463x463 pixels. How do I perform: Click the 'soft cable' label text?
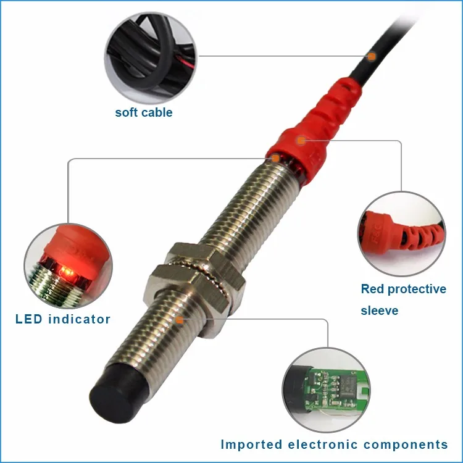click(x=144, y=112)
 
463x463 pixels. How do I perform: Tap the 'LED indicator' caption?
click(x=63, y=319)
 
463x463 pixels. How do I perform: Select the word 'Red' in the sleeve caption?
click(x=373, y=289)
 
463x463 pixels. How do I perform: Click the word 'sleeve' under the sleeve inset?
click(x=380, y=310)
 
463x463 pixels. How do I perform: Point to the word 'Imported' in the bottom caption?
click(x=251, y=444)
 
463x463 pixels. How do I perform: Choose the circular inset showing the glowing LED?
click(x=68, y=267)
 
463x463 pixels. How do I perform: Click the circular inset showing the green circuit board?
click(x=326, y=388)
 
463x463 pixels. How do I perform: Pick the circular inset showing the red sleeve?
click(x=401, y=234)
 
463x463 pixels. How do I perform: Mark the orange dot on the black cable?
click(x=372, y=56)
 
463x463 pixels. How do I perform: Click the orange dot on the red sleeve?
click(x=300, y=140)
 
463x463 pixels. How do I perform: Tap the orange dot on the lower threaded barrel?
click(x=180, y=320)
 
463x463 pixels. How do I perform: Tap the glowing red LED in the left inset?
click(x=70, y=270)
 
